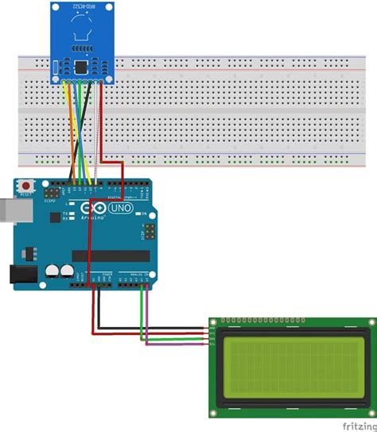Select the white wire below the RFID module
(x=98, y=127)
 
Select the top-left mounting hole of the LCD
(x=213, y=323)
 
